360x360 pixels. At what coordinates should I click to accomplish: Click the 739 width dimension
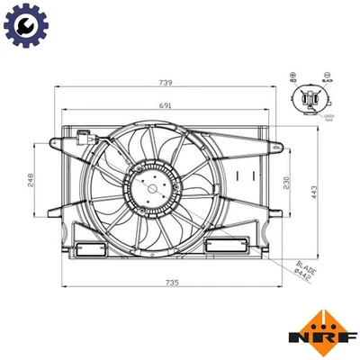click(167, 82)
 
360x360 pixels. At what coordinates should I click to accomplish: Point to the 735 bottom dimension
click(172, 283)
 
